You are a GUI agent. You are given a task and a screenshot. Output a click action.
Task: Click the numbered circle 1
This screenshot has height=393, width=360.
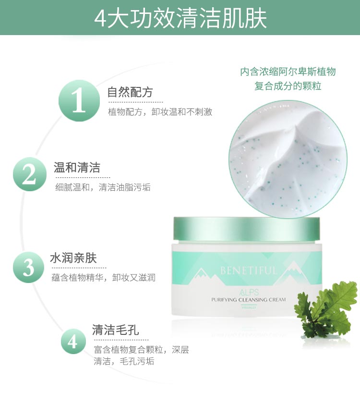tap(79, 101)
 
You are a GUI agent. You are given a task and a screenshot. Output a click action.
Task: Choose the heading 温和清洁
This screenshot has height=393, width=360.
tap(77, 168)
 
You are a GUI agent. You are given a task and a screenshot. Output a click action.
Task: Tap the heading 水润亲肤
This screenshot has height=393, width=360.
tap(73, 258)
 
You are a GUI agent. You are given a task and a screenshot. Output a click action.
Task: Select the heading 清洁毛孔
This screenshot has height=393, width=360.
tap(115, 330)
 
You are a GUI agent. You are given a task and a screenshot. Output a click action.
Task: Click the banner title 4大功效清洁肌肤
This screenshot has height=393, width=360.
tap(180, 18)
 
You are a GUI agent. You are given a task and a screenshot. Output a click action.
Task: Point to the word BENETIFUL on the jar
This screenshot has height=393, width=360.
tap(248, 270)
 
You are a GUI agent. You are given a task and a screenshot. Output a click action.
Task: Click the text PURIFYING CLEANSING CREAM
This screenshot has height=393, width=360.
tap(248, 299)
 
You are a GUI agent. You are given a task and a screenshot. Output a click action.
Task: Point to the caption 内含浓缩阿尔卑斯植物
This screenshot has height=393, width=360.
tap(288, 72)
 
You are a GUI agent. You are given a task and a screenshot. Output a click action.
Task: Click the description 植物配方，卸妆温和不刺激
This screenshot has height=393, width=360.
tap(160, 112)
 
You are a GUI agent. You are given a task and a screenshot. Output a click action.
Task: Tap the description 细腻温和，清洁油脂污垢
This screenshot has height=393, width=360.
tap(103, 187)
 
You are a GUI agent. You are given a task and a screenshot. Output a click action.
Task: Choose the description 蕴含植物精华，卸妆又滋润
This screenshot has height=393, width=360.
tap(103, 278)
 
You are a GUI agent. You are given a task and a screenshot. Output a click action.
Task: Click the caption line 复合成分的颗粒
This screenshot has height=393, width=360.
tap(288, 86)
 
